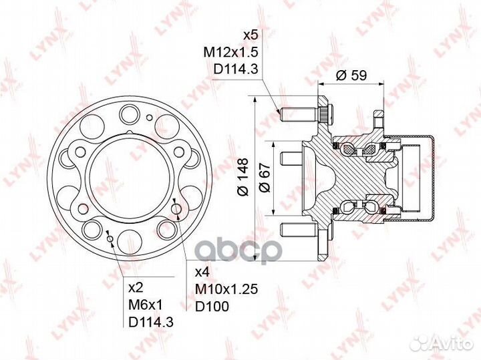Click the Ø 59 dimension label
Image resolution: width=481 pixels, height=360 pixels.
pos(351,75)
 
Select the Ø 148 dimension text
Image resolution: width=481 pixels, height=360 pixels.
pos(243,176)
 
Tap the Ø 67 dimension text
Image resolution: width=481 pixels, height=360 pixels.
pos(265,178)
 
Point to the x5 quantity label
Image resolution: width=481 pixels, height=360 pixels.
pos(251,35)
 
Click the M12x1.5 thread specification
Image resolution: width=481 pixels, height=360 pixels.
pos(230,52)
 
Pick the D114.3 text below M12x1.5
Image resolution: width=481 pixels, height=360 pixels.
pos(235,69)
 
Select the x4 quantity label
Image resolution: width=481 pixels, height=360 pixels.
pos(202,272)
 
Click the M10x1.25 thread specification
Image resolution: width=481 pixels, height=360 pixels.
pos(226,289)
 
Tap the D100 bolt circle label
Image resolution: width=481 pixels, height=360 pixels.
pos(212,306)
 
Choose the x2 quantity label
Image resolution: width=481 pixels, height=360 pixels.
pos(136,288)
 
